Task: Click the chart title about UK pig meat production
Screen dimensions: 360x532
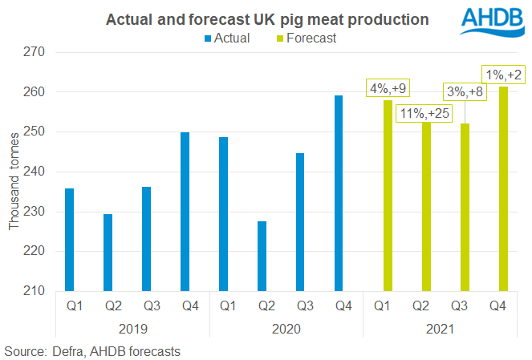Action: click(x=267, y=18)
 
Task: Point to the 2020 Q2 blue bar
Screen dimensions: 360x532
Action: click(x=262, y=256)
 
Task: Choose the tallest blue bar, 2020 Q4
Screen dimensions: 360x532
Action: click(x=339, y=192)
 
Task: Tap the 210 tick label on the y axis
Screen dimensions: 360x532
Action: click(x=37, y=290)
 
